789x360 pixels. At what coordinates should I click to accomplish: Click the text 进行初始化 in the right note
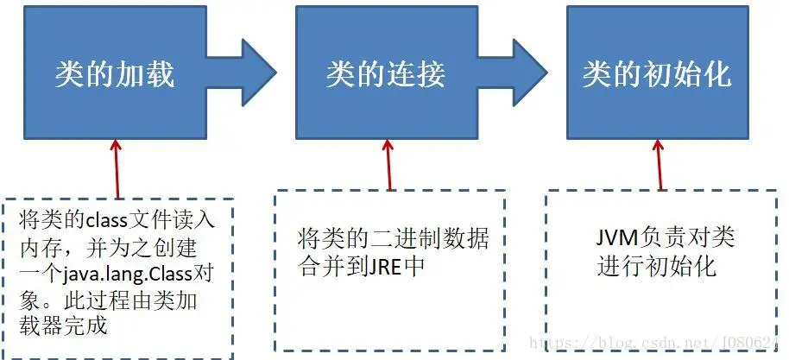(x=656, y=265)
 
